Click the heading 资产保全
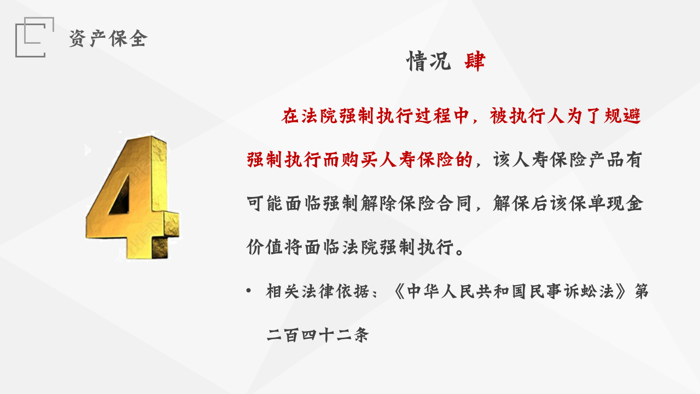(108, 38)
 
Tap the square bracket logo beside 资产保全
(34, 37)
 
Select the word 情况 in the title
(428, 61)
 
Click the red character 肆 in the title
(475, 61)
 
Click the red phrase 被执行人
(528, 116)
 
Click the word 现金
(625, 205)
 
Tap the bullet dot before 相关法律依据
(249, 291)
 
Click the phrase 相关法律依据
(313, 291)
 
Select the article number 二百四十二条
(318, 334)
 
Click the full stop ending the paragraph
(460, 252)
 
